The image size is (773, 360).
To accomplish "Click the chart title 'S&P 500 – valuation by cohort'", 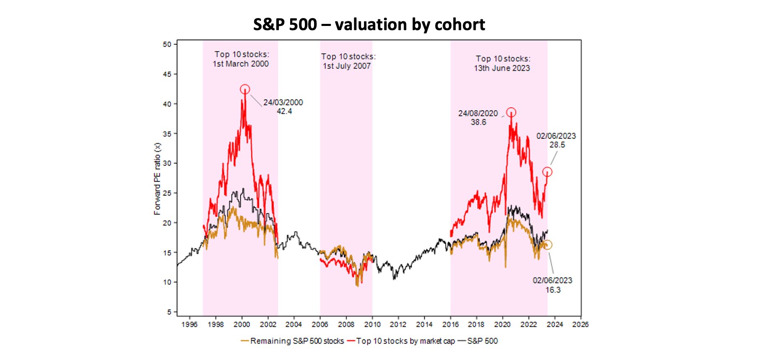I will tap(369, 24).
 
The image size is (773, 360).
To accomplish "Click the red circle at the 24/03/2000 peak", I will tap(245, 89).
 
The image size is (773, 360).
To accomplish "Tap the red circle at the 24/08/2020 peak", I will tap(511, 112).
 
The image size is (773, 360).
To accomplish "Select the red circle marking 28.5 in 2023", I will tap(547, 172).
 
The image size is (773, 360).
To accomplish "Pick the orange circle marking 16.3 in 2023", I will tap(547, 245).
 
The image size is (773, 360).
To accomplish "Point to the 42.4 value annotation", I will tap(284, 111).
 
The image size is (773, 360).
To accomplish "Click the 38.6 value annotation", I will tap(478, 122).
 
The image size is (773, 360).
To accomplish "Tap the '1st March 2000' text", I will tap(241, 64).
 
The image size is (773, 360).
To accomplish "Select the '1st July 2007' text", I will tap(347, 66).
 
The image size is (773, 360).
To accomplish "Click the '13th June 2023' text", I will tap(502, 68).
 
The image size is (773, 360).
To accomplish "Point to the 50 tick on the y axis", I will tap(167, 44).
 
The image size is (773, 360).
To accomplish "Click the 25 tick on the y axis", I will tap(167, 193).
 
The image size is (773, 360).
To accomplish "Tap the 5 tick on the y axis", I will tap(169, 312).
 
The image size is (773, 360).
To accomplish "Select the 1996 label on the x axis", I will tap(189, 324).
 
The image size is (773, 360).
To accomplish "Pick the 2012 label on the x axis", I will tap(398, 324).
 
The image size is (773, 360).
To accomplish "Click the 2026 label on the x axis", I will tap(580, 324).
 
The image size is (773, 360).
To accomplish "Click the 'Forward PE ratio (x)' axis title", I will tap(157, 179).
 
